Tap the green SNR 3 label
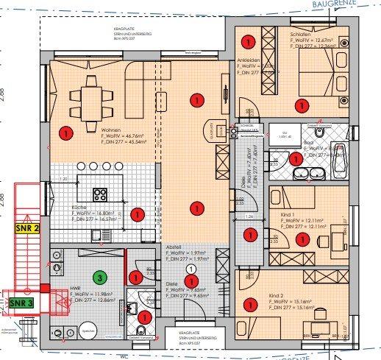[21, 303]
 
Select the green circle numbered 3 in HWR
[98, 278]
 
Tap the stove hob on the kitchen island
[100, 194]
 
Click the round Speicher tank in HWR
[88, 330]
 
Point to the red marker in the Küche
[136, 214]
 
